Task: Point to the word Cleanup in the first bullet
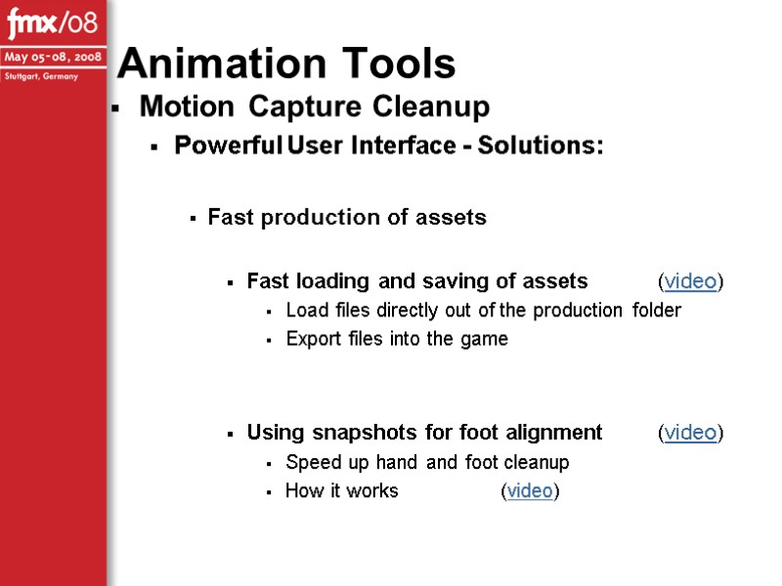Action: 432,105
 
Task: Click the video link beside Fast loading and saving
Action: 690,282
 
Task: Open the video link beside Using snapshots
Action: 690,433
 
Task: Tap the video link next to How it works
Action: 530,491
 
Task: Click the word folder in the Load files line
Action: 656,311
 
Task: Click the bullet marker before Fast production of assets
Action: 194,219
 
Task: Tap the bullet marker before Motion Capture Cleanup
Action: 115,107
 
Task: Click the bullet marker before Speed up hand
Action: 268,463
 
